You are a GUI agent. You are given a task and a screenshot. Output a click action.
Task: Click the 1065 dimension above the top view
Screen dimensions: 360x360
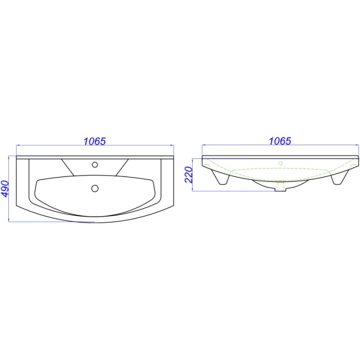pos(95,141)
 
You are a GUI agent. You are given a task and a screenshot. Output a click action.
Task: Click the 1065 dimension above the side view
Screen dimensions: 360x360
pos(280,141)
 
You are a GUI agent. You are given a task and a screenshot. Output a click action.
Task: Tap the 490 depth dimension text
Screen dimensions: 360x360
pos(5,189)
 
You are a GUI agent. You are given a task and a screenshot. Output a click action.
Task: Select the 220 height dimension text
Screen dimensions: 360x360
pos(189,175)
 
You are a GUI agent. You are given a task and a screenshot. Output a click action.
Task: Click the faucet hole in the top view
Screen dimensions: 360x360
pos(95,164)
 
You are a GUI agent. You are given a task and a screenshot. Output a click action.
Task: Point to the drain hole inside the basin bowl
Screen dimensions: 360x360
pos(95,188)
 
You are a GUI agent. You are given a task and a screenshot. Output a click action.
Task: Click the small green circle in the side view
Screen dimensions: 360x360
pos(280,163)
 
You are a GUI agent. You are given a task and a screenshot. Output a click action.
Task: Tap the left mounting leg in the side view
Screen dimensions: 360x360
pos(221,177)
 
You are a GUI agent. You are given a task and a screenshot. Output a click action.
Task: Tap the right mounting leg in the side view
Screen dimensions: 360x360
pos(340,177)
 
